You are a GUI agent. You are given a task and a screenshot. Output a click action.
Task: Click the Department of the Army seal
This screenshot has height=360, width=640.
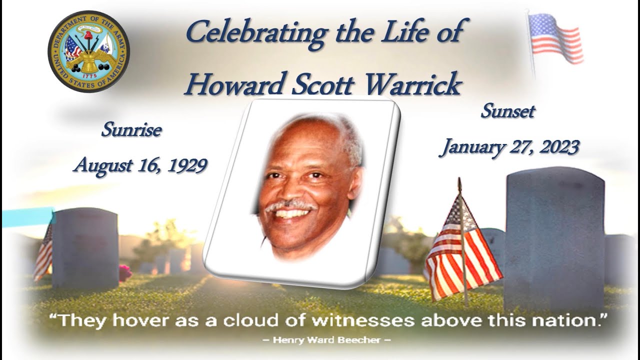pyautogui.click(x=88, y=52)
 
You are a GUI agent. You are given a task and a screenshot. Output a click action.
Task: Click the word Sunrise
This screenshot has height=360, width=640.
pyautogui.click(x=131, y=130)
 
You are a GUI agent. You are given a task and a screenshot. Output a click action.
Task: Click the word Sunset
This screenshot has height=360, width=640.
pyautogui.click(x=507, y=111)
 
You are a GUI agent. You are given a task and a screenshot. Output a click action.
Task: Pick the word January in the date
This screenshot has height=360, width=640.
pyautogui.click(x=467, y=147)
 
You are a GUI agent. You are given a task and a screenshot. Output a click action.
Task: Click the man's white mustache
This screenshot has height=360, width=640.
pyautogui.click(x=290, y=205)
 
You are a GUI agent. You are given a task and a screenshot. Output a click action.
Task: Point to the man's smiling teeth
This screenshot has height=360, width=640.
pyautogui.click(x=293, y=214)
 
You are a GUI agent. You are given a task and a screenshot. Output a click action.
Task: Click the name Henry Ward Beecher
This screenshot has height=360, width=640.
pyautogui.click(x=325, y=341)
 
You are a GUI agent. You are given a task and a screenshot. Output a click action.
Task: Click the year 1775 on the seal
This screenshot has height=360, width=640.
pyautogui.click(x=88, y=75)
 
